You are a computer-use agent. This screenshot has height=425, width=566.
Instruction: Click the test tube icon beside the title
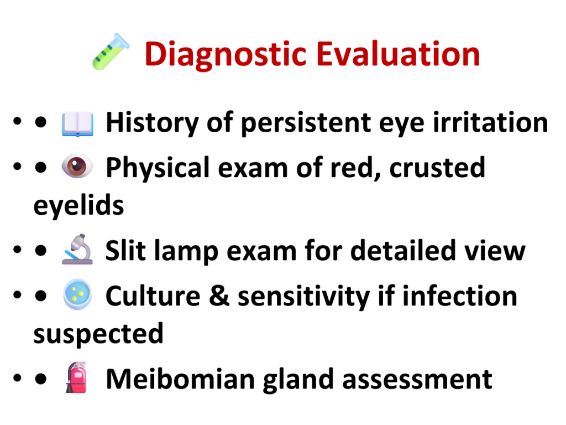pyautogui.click(x=111, y=51)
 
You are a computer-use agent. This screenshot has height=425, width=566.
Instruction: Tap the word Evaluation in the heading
pyautogui.click(x=399, y=54)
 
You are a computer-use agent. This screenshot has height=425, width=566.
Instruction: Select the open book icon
pyautogui.click(x=77, y=123)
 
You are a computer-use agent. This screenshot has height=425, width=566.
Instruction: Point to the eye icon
pyautogui.click(x=77, y=166)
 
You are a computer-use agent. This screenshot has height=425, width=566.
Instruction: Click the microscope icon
pyautogui.click(x=77, y=250)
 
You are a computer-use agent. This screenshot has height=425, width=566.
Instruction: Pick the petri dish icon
pyautogui.click(x=77, y=294)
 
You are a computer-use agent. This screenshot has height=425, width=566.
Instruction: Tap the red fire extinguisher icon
pyautogui.click(x=77, y=377)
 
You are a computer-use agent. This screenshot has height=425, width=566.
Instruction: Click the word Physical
pyautogui.click(x=158, y=168)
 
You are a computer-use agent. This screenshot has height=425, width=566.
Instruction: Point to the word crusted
pyautogui.click(x=437, y=168)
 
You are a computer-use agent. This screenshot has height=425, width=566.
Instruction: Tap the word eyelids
pyautogui.click(x=78, y=206)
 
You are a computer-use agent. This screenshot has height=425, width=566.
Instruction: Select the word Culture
pyautogui.click(x=153, y=296)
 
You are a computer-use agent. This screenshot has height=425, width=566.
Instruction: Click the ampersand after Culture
pyautogui.click(x=219, y=296)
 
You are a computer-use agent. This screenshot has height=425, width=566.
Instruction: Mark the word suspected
pyautogui.click(x=98, y=334)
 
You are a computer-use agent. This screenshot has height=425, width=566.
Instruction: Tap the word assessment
pyautogui.click(x=417, y=380)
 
